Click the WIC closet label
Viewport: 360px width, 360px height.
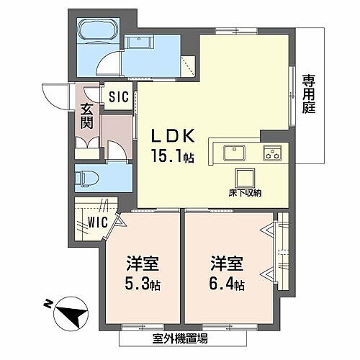[x=95, y=223]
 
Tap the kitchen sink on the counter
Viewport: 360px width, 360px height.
[x=234, y=153]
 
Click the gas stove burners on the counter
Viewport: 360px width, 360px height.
[x=272, y=153]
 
